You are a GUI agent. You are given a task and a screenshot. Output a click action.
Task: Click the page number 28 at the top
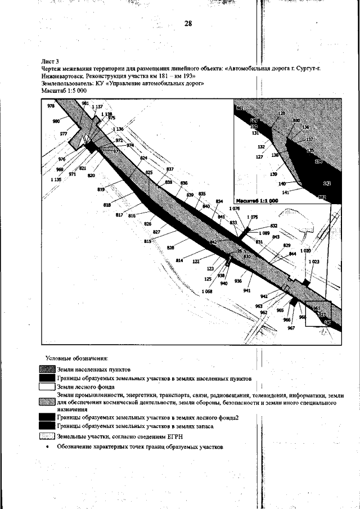(x=188, y=24)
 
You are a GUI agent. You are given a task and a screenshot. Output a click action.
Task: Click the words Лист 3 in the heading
(x=51, y=60)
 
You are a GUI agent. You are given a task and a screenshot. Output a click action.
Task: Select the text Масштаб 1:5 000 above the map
(x=64, y=90)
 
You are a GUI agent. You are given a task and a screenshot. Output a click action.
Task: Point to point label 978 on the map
(x=51, y=106)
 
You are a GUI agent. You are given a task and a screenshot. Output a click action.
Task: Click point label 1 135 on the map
(x=56, y=179)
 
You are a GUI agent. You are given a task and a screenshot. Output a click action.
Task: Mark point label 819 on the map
(x=101, y=190)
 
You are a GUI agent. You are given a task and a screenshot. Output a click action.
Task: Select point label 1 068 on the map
(x=206, y=291)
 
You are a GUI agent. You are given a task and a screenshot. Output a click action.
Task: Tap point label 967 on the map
(x=291, y=328)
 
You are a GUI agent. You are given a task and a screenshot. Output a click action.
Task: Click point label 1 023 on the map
(x=314, y=262)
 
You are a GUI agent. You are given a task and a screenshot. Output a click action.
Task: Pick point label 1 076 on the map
(x=235, y=209)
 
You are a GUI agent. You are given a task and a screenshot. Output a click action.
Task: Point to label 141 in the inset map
(x=285, y=192)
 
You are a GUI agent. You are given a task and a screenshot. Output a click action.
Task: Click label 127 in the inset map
(x=259, y=157)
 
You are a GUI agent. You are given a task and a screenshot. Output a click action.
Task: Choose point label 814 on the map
(x=180, y=260)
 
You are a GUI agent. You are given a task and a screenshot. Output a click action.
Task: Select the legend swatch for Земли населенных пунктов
(x=47, y=370)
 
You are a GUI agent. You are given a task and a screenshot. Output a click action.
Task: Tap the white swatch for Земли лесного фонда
(x=47, y=387)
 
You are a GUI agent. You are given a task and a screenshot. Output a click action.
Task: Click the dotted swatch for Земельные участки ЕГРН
(x=47, y=436)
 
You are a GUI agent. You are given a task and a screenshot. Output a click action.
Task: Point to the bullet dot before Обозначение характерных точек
(x=48, y=448)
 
